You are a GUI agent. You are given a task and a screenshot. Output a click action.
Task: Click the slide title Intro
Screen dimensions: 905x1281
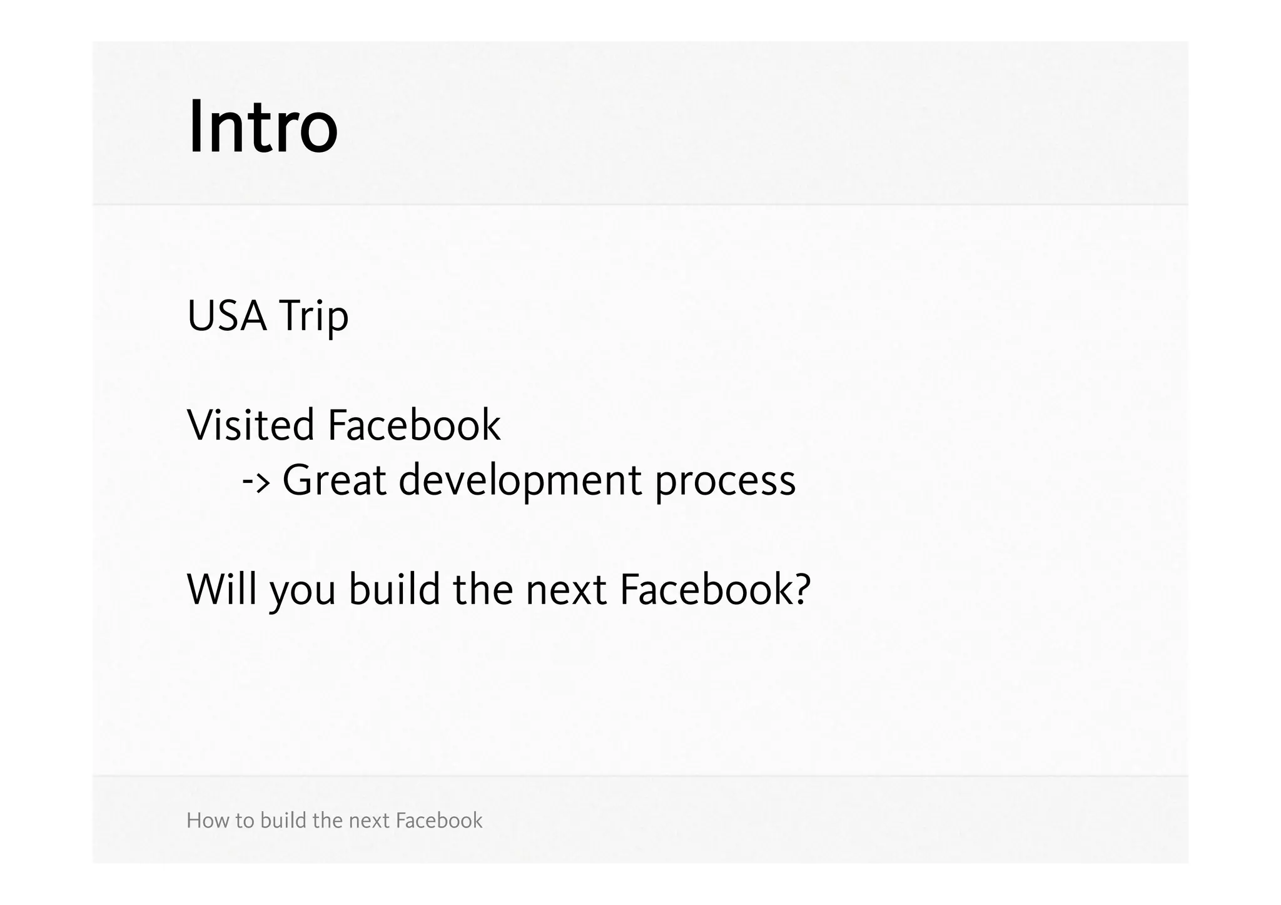tap(263, 128)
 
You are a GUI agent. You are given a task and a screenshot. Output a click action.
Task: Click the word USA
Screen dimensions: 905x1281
tap(227, 316)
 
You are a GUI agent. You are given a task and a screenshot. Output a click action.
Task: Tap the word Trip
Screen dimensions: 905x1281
tap(313, 317)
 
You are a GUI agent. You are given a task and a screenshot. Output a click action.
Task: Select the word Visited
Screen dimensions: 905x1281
tap(250, 425)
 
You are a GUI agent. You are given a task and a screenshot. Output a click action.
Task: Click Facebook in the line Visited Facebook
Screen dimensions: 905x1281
tap(414, 425)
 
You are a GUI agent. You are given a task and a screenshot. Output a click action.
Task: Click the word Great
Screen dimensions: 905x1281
tap(335, 480)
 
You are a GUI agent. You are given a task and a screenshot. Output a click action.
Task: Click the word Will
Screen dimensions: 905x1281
tap(222, 589)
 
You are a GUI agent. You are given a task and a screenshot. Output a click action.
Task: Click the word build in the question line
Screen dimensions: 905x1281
tap(394, 589)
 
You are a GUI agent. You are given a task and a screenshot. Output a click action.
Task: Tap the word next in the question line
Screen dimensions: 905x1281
tap(566, 590)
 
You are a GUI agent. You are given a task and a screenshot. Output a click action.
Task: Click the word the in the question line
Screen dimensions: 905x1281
tap(483, 589)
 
